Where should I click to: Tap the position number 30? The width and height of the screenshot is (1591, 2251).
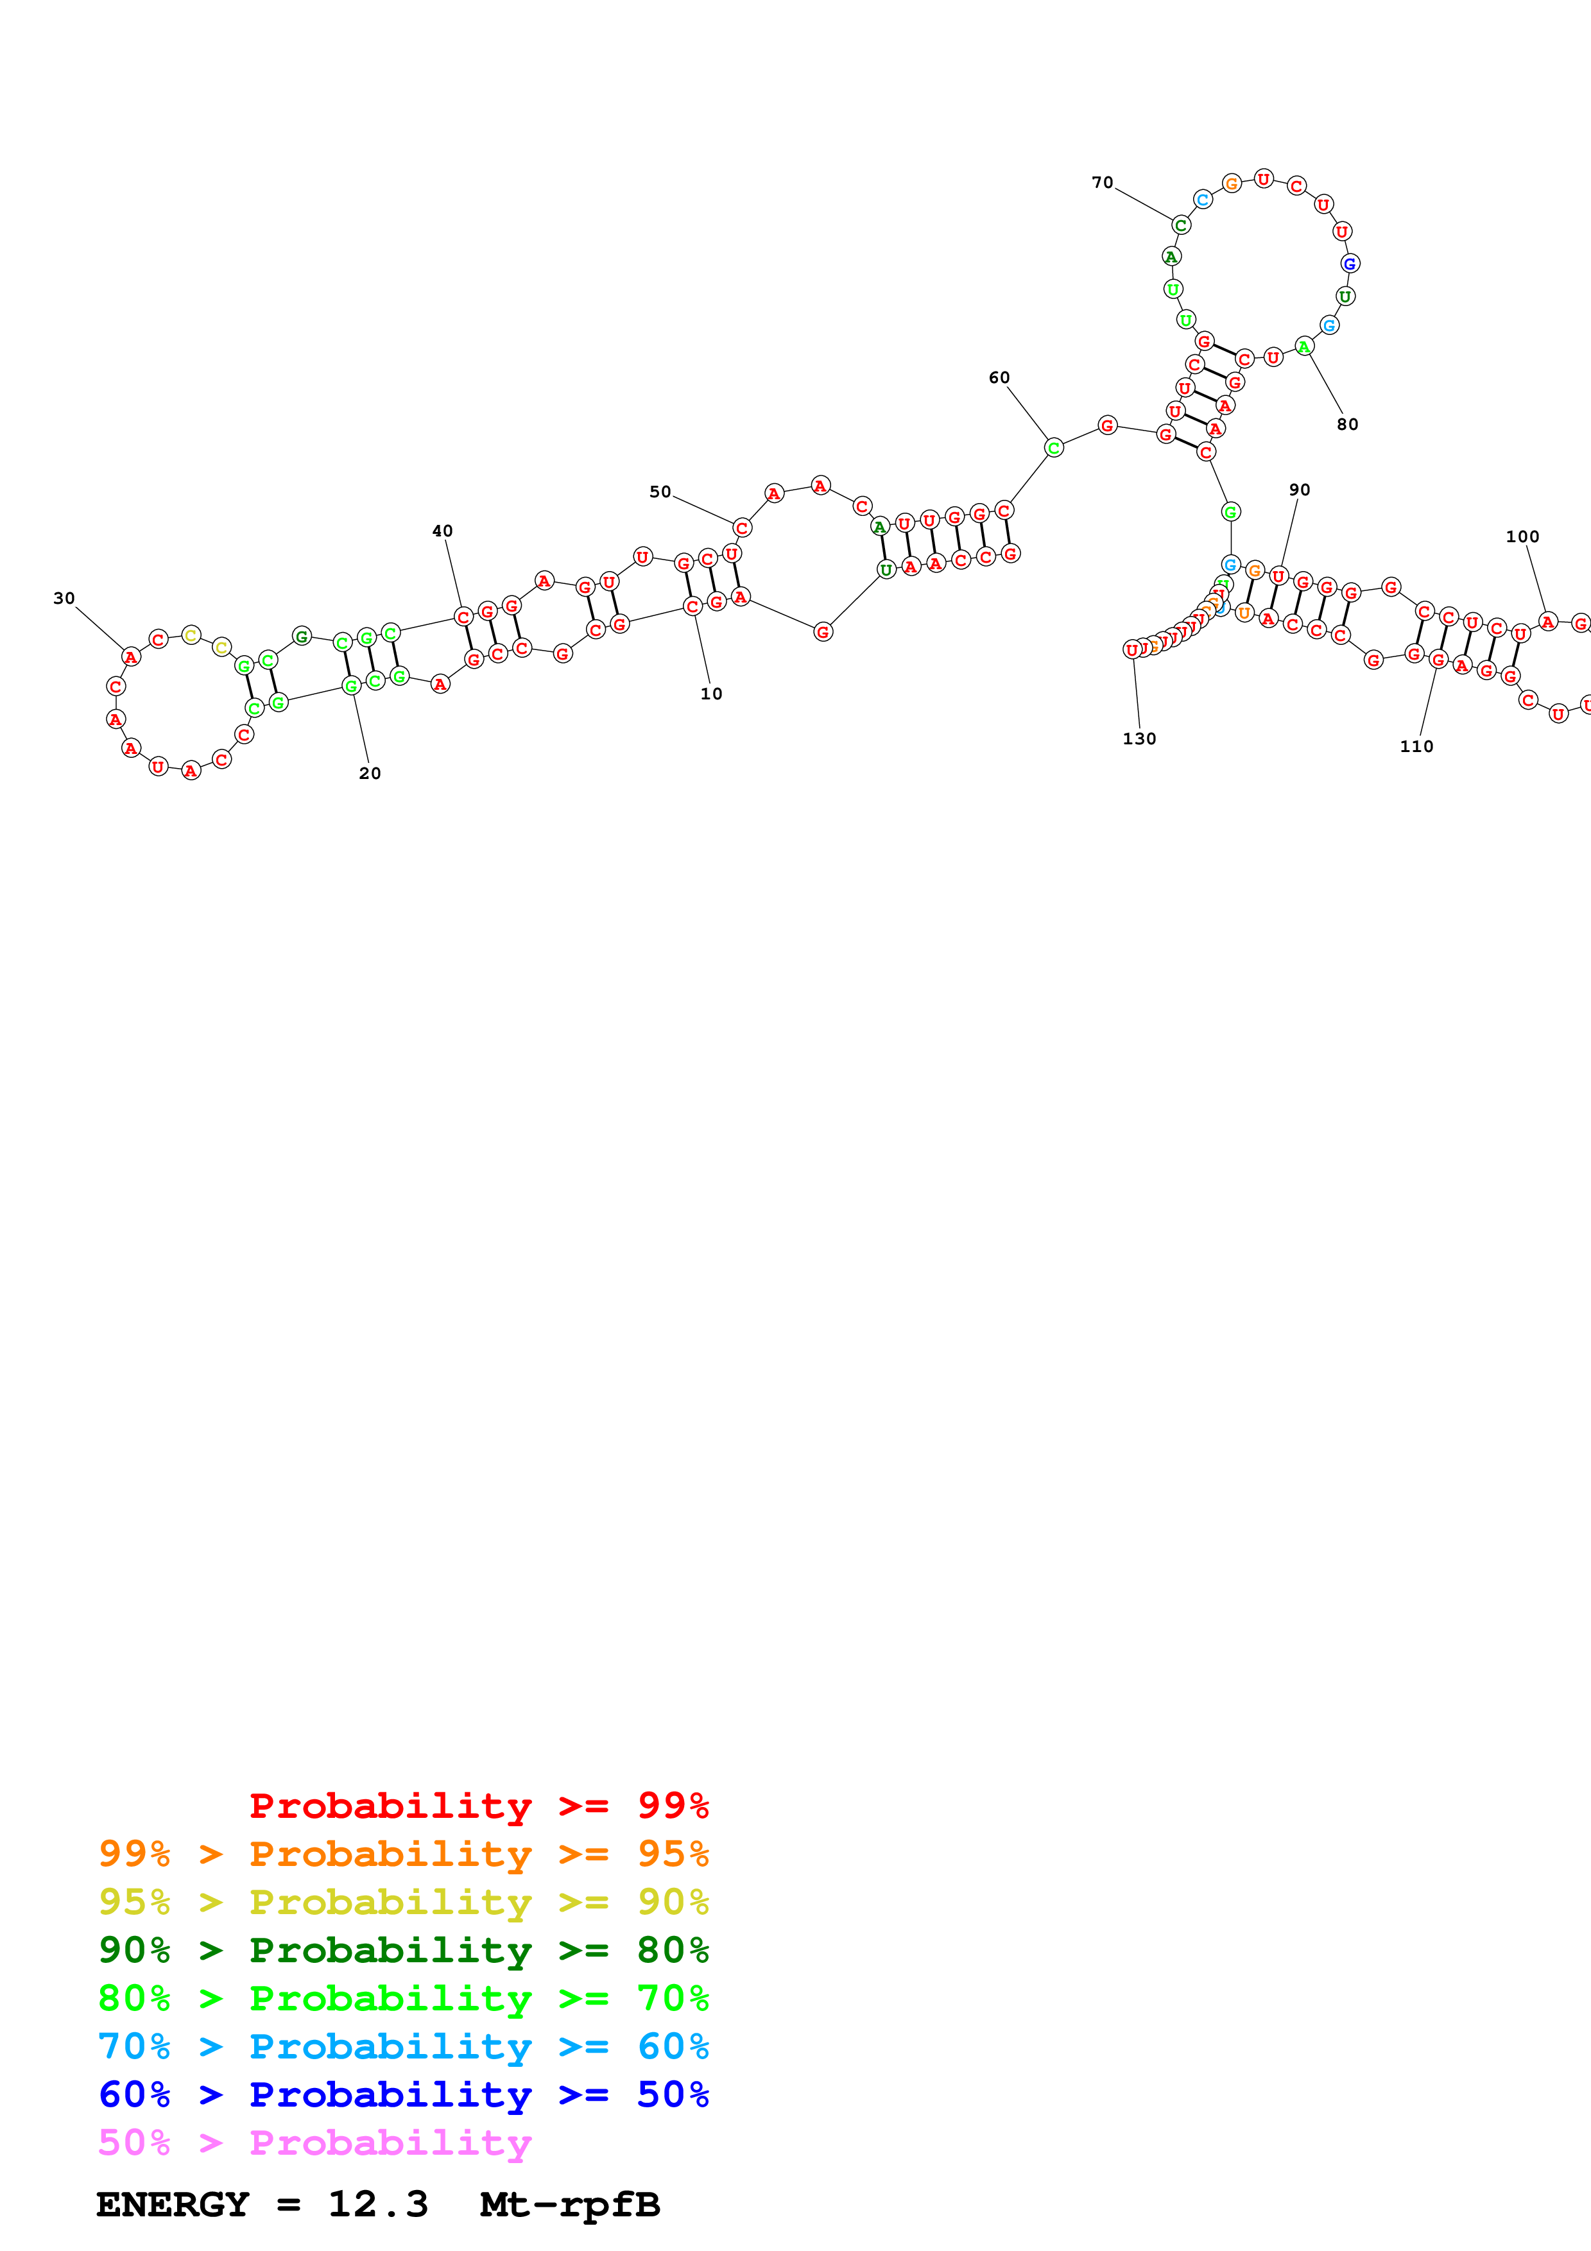[64, 598]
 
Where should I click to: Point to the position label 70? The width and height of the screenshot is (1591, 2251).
[1102, 182]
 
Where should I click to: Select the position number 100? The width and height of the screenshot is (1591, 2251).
[1522, 536]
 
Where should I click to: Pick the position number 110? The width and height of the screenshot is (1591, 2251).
[1416, 746]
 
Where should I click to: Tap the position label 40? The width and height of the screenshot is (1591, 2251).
[442, 531]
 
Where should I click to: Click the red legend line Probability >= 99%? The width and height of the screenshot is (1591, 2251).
[478, 1805]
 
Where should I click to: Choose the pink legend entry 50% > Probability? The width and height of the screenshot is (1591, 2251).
[314, 2142]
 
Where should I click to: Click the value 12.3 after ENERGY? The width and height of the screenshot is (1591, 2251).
[377, 2205]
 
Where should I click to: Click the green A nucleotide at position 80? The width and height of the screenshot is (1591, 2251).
[1303, 346]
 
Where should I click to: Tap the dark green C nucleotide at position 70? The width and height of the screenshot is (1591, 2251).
[1182, 225]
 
